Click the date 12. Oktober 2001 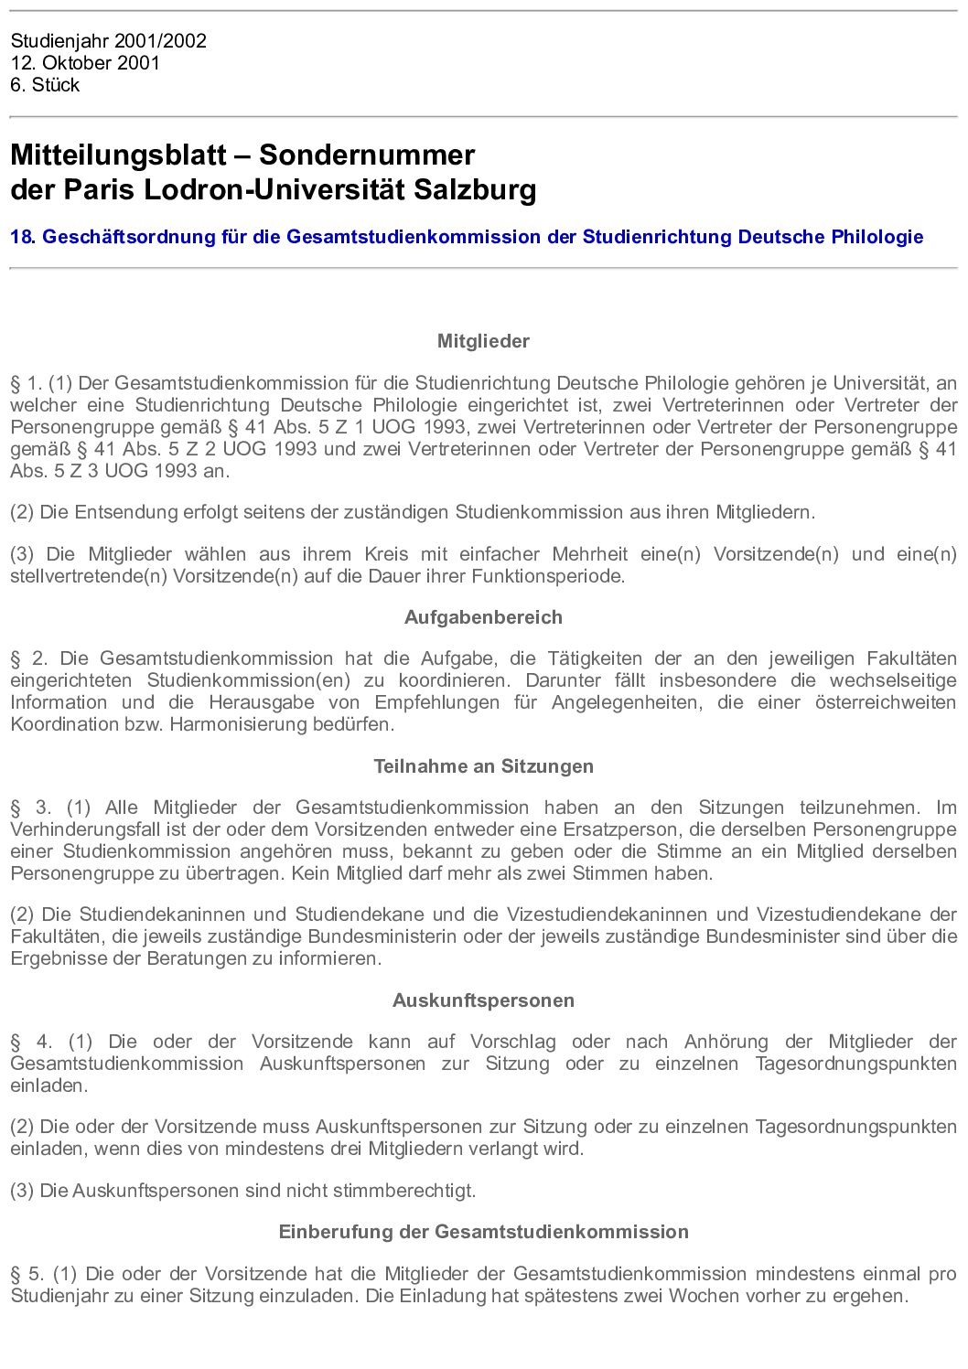pyautogui.click(x=85, y=63)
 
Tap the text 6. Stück pyautogui.click(x=45, y=85)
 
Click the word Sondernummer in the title pyautogui.click(x=367, y=155)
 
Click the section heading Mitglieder pyautogui.click(x=483, y=341)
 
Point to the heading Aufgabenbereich pyautogui.click(x=483, y=617)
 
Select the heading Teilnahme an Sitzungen pyautogui.click(x=483, y=766)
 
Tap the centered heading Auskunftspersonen pyautogui.click(x=483, y=1000)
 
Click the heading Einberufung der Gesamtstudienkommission pyautogui.click(x=483, y=1232)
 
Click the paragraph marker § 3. pyautogui.click(x=30, y=807)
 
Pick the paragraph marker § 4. pyautogui.click(x=31, y=1042)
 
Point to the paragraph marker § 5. pyautogui.click(x=27, y=1274)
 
